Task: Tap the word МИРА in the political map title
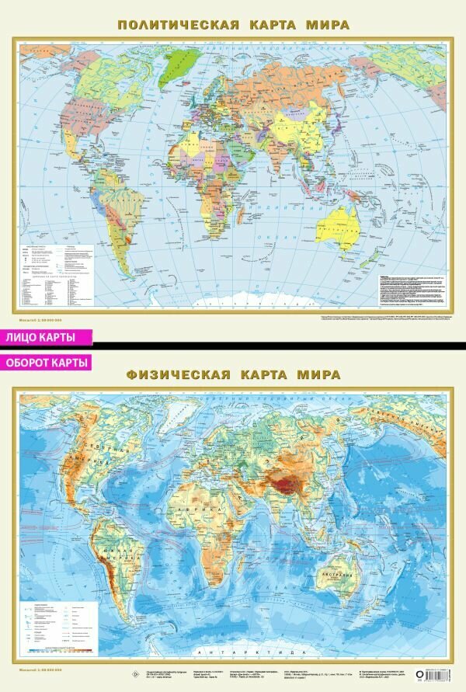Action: (x=327, y=25)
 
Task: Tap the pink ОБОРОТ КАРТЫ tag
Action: (x=47, y=362)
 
